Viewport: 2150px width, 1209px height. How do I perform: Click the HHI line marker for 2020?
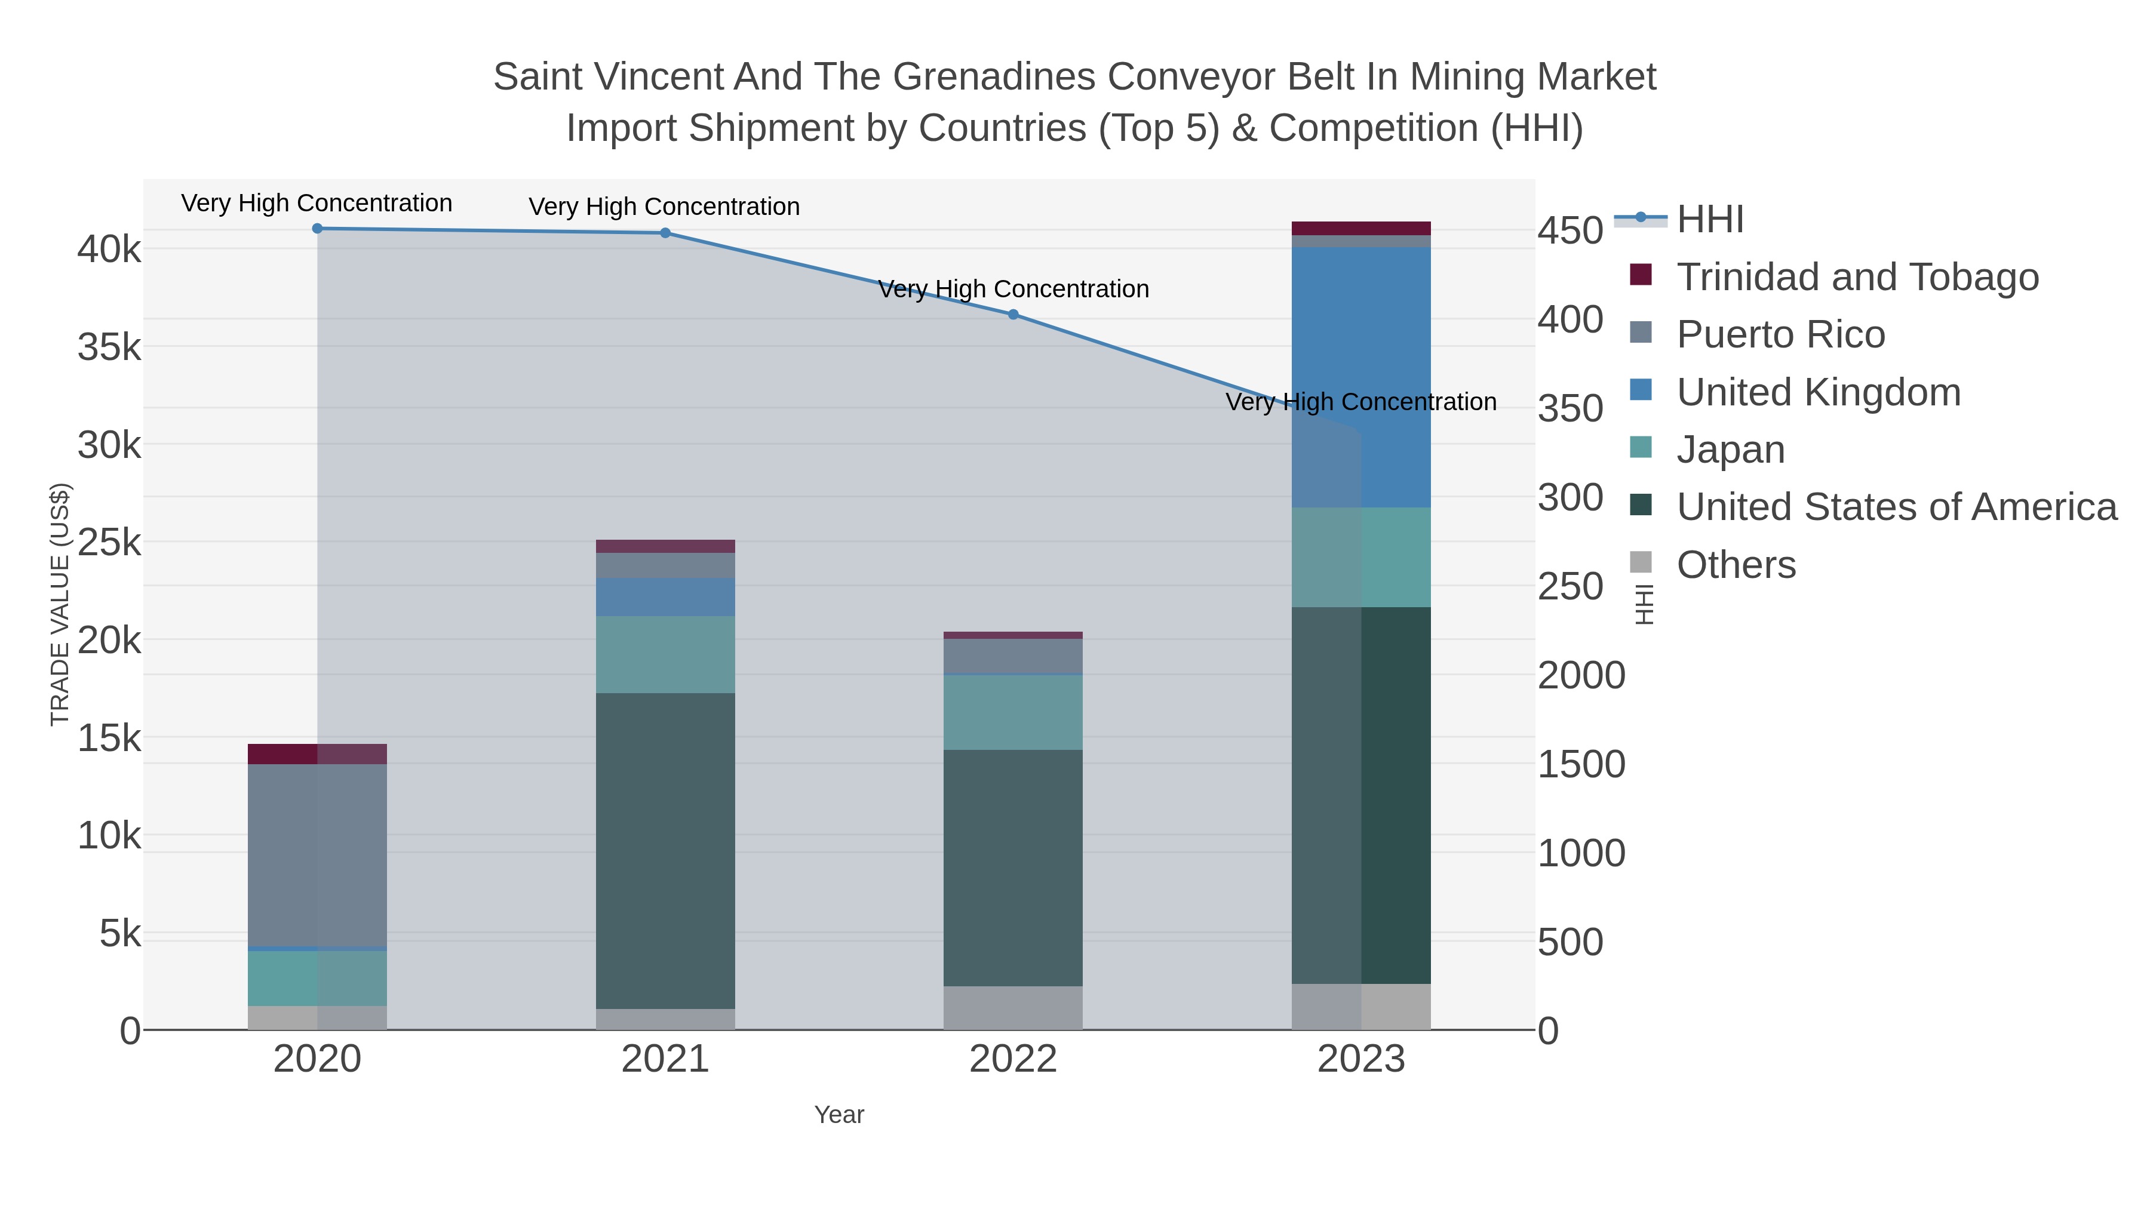[317, 229]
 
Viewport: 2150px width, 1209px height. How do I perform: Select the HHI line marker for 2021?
[665, 233]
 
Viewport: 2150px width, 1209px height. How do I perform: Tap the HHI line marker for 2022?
[1013, 315]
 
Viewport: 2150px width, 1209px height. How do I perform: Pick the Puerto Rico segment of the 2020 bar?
[317, 855]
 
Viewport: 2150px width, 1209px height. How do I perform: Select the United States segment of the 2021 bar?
[665, 851]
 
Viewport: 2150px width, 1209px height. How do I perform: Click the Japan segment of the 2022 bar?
[1013, 712]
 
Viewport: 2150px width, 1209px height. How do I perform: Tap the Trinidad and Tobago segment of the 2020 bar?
[317, 753]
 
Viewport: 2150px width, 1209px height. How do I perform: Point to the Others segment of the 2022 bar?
[1013, 1008]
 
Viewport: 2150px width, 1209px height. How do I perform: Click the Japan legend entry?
[1730, 450]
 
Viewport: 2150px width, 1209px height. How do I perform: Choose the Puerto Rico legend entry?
[1780, 334]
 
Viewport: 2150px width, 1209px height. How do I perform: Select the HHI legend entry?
[1709, 220]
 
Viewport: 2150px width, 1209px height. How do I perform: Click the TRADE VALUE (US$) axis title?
[60, 604]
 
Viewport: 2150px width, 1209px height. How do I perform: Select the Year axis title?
[839, 1115]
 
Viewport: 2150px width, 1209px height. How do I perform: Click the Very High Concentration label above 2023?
[1360, 402]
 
